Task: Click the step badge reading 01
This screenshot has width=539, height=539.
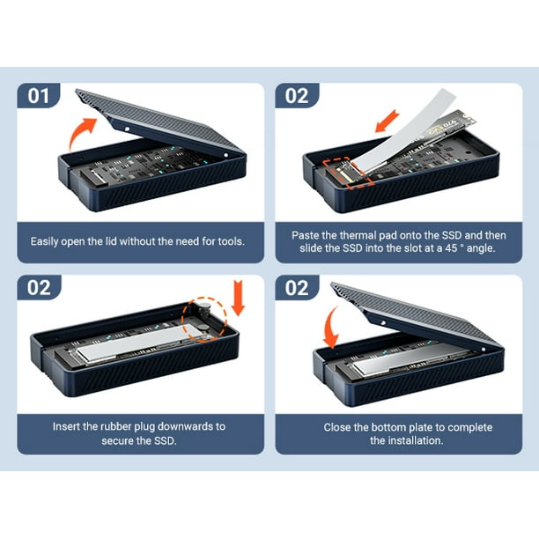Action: pos(39,95)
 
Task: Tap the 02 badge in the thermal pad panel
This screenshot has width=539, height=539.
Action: pos(297,95)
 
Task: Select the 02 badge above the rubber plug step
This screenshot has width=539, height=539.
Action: pos(39,288)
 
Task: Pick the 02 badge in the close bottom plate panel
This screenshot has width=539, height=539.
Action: pos(297,288)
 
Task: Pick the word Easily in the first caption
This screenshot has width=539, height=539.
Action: pos(47,240)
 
